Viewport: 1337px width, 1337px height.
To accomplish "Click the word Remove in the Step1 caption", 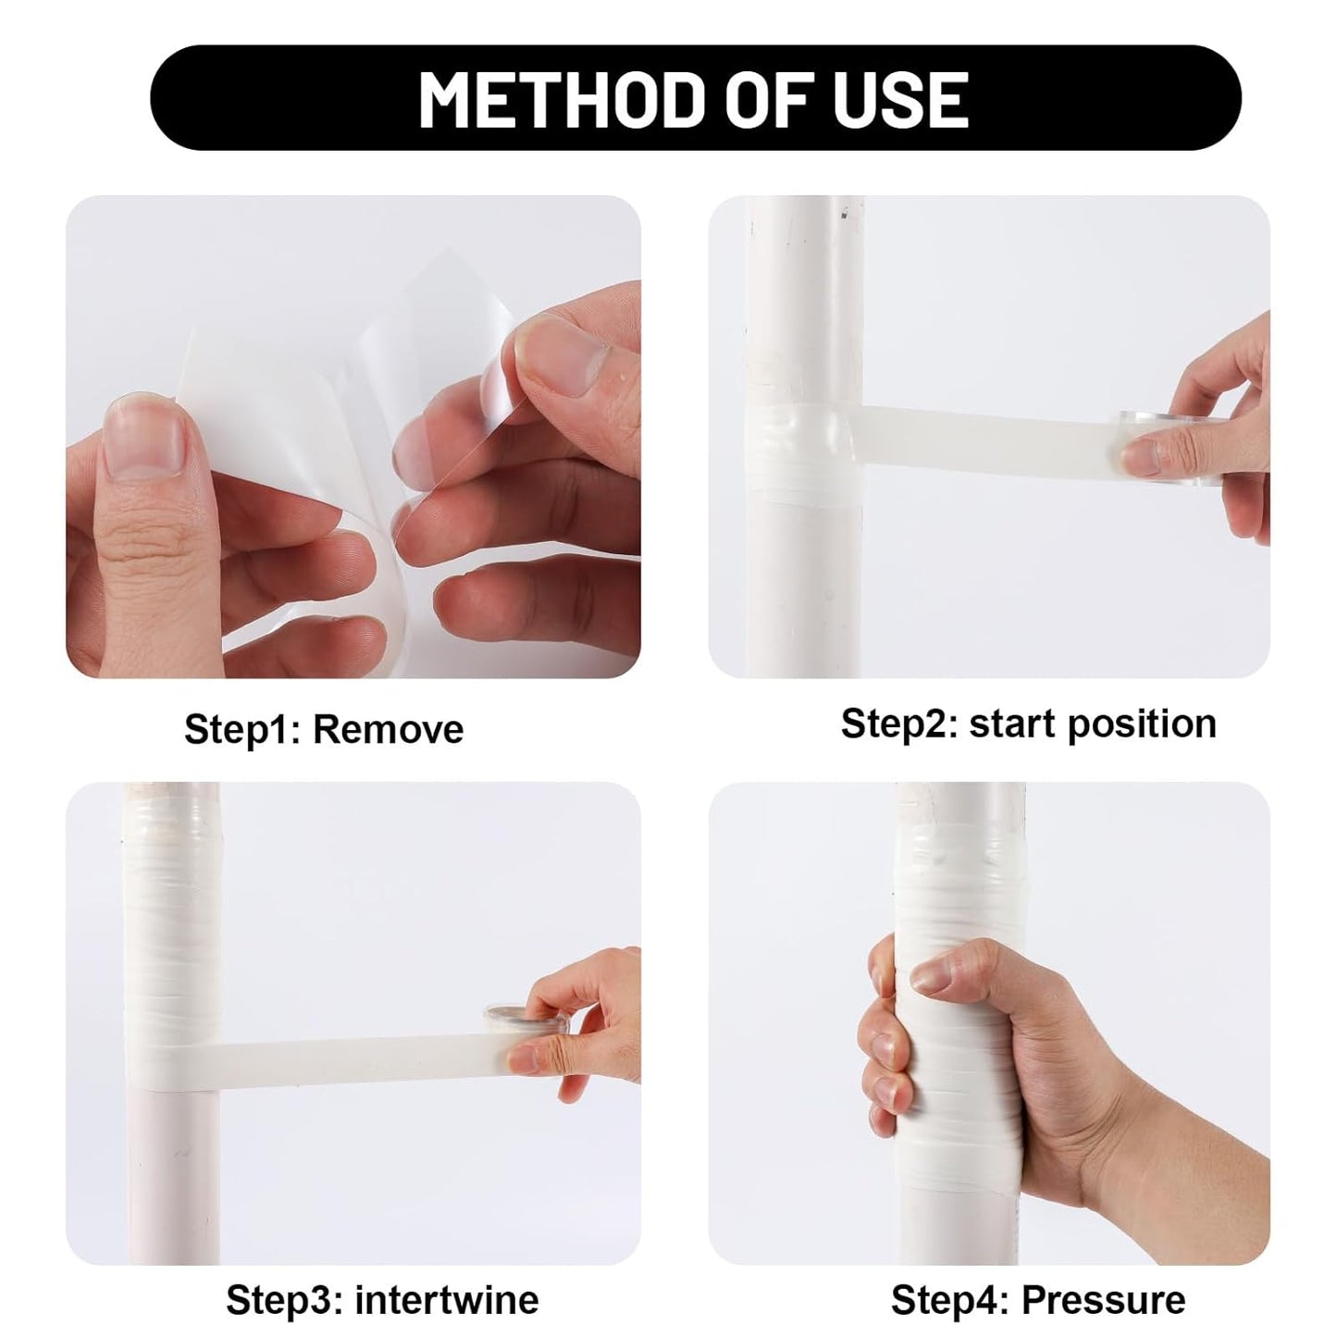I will point(388,729).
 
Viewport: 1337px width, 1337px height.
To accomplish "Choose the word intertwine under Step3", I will point(447,1300).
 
